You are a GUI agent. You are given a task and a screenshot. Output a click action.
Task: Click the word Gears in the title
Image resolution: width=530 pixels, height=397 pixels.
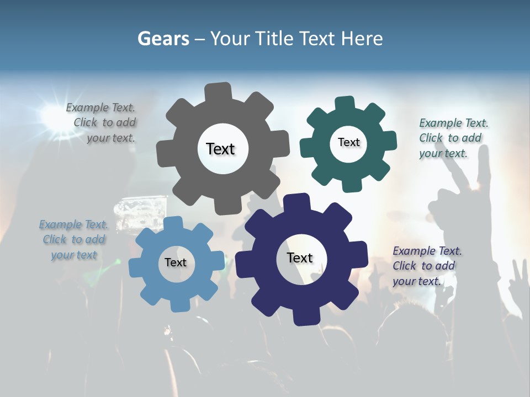[163, 39]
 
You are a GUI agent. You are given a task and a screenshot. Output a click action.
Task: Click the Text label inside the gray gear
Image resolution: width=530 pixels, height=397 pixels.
[221, 149]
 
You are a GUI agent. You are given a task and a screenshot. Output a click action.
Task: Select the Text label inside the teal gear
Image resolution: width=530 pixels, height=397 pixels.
[348, 142]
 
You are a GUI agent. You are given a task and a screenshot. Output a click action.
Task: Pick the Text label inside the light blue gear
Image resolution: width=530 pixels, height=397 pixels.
[176, 262]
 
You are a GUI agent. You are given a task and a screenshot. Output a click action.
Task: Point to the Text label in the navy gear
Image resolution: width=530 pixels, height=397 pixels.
[300, 257]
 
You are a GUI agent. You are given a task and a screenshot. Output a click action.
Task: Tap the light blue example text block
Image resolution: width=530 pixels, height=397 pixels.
[73, 240]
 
